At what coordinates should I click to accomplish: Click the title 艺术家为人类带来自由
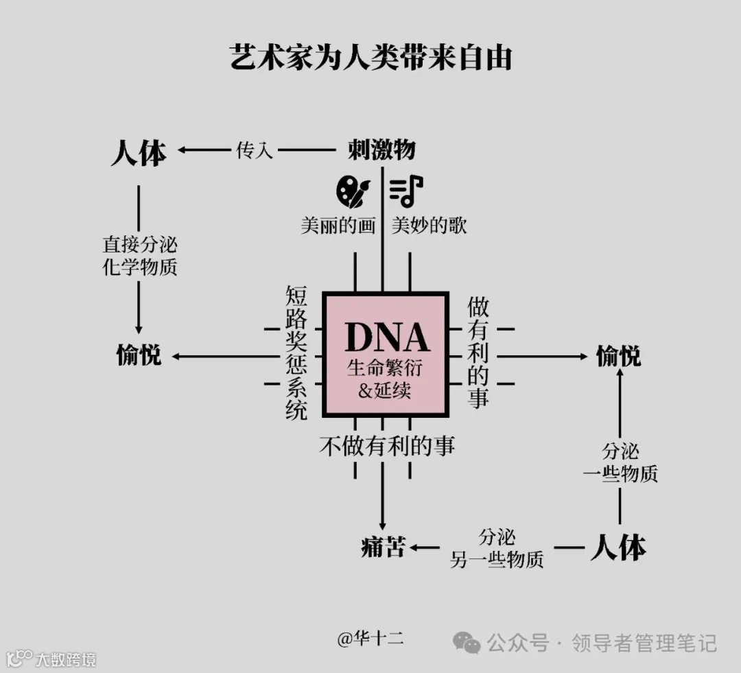coord(370,58)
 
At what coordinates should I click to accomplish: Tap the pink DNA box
coord(385,355)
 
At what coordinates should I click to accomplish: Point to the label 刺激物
coord(381,149)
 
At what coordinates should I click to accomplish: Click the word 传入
coord(255,150)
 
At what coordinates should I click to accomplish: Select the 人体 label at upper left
coord(139,152)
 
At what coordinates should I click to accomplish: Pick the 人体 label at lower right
coord(618,547)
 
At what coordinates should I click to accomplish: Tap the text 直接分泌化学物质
coord(139,255)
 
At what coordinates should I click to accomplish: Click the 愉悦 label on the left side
coord(139,356)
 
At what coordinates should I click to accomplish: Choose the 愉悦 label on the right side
coord(618,356)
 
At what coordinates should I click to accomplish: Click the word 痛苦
coord(384,547)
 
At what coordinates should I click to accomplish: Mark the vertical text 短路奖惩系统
coord(297,353)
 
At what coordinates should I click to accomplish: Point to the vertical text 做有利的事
coord(478,353)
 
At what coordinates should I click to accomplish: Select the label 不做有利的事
coord(387,446)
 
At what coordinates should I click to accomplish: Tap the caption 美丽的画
coord(338,226)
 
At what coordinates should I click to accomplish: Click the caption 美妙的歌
coord(430,226)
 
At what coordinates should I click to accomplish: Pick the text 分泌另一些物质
coord(497,548)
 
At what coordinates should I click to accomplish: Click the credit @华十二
coord(370,639)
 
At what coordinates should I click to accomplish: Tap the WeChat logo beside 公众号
coord(467,643)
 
